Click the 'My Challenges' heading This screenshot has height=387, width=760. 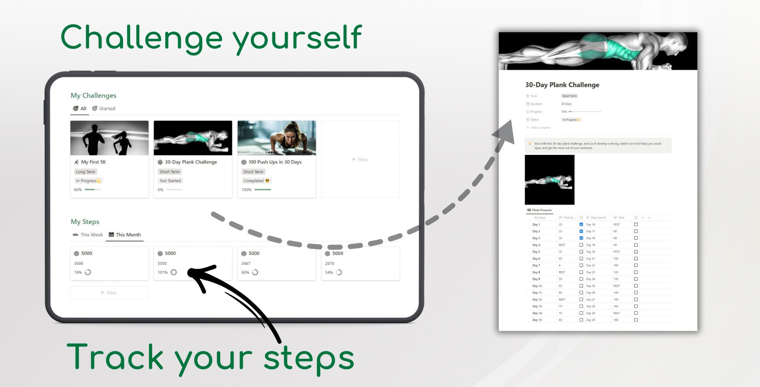(93, 96)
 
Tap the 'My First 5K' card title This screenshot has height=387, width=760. (93, 162)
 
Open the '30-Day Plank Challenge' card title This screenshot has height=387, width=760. (191, 162)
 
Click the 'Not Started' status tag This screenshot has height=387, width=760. (170, 181)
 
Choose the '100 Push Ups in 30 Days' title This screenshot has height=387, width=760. (275, 162)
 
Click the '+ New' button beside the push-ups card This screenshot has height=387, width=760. (360, 159)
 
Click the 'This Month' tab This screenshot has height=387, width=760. (128, 235)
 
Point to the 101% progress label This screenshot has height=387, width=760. (163, 272)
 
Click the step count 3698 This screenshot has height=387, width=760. (79, 264)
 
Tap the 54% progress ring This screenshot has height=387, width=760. (339, 272)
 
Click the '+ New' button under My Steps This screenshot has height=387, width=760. (109, 293)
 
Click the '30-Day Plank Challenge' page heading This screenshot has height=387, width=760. (562, 85)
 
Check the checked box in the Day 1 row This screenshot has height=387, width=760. (581, 224)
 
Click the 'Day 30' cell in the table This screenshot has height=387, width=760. (590, 320)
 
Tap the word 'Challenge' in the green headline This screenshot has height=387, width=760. (142, 38)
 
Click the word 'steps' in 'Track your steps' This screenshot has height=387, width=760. (308, 358)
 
